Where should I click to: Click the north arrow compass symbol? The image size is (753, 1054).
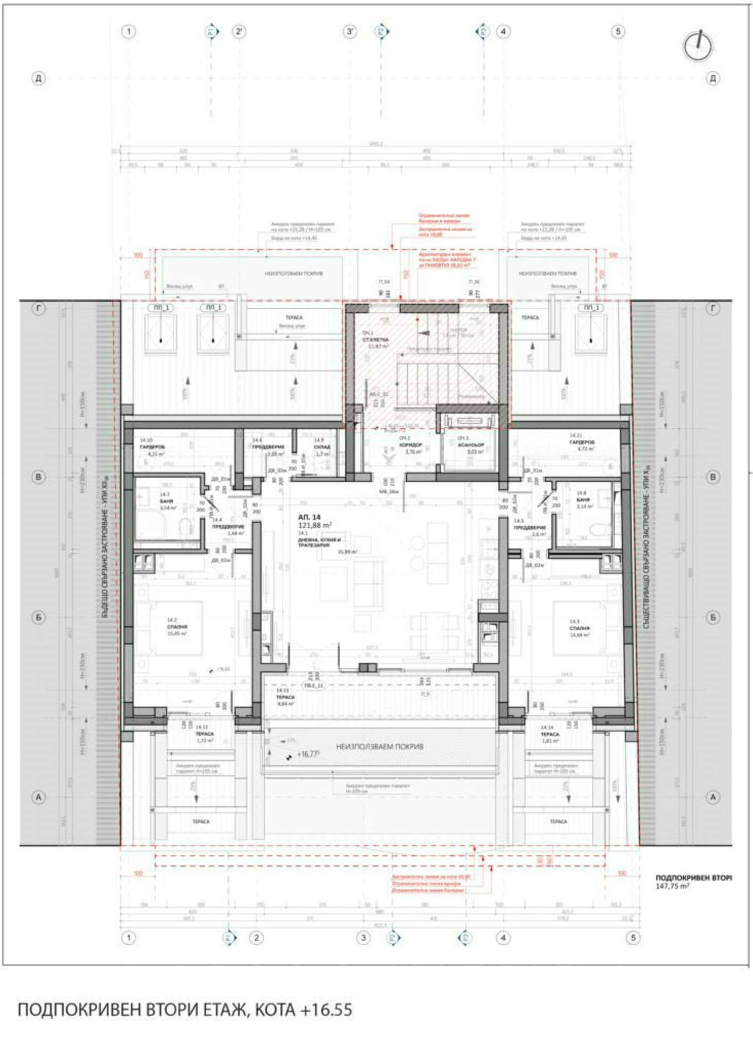[698, 46]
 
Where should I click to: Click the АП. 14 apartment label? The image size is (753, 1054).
[309, 517]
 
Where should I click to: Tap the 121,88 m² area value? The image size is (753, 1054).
[315, 525]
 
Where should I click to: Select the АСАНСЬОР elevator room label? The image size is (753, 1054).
[470, 445]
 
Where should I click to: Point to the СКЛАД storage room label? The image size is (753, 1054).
[322, 447]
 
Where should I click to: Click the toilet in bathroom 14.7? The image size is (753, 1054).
[185, 526]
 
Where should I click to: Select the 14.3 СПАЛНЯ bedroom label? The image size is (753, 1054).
[579, 628]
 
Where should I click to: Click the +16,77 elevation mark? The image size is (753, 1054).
[308, 754]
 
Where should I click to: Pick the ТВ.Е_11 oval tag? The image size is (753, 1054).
[314, 685]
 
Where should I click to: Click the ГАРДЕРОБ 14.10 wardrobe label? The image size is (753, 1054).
[152, 446]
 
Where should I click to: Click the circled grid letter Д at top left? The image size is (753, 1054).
[38, 78]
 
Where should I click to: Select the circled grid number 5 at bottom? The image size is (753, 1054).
[633, 937]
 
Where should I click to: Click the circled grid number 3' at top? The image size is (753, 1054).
[349, 31]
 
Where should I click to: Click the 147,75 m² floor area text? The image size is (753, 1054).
[672, 886]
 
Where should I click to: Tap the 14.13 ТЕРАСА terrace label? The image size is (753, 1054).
[285, 697]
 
